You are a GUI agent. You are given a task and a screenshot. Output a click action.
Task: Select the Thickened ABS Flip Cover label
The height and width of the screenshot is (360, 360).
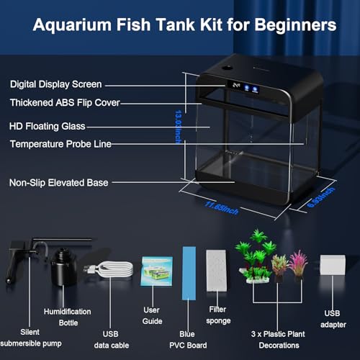(x=64, y=103)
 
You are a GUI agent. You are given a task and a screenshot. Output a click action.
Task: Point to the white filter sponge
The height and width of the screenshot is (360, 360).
(x=217, y=268)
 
